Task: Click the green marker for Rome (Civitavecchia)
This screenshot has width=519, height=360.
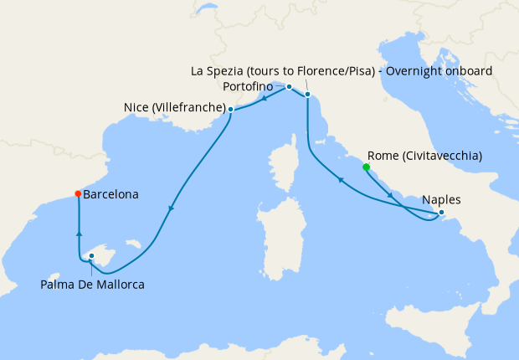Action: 367,167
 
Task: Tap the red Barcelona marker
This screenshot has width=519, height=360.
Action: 78,193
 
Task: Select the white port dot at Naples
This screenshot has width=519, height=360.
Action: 441,213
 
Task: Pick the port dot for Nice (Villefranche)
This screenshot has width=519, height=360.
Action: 230,109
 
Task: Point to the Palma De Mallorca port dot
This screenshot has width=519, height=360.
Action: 91,257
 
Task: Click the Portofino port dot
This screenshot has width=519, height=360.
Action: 289,87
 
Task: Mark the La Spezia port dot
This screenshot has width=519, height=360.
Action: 308,95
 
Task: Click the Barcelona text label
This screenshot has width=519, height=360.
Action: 111,194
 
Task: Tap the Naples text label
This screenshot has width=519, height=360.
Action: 441,200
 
